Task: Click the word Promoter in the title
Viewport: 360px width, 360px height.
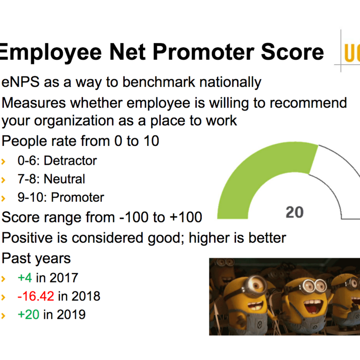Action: click(x=203, y=52)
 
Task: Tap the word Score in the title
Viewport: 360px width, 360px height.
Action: click(x=292, y=52)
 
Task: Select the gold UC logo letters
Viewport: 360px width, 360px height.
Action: click(x=352, y=53)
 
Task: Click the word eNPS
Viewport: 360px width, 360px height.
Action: click(x=20, y=82)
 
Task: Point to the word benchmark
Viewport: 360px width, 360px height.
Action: click(x=159, y=82)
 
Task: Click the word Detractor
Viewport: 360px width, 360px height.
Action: click(x=70, y=161)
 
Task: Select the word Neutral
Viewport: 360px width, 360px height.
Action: click(x=64, y=179)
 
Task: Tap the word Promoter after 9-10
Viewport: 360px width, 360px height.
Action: click(x=77, y=197)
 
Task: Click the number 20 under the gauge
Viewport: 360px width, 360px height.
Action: click(x=295, y=212)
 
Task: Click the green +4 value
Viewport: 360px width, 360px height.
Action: click(x=25, y=277)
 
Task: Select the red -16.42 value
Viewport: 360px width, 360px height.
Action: click(x=36, y=296)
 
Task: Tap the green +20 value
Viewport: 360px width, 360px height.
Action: click(x=29, y=314)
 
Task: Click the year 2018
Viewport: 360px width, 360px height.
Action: click(x=86, y=296)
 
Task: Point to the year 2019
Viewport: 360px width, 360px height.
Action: click(x=71, y=314)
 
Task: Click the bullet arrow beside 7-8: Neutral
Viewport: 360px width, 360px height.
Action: click(x=3, y=180)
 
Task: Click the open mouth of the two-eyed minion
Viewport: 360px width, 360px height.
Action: click(x=312, y=306)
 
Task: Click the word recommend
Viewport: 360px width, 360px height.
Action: click(x=308, y=103)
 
